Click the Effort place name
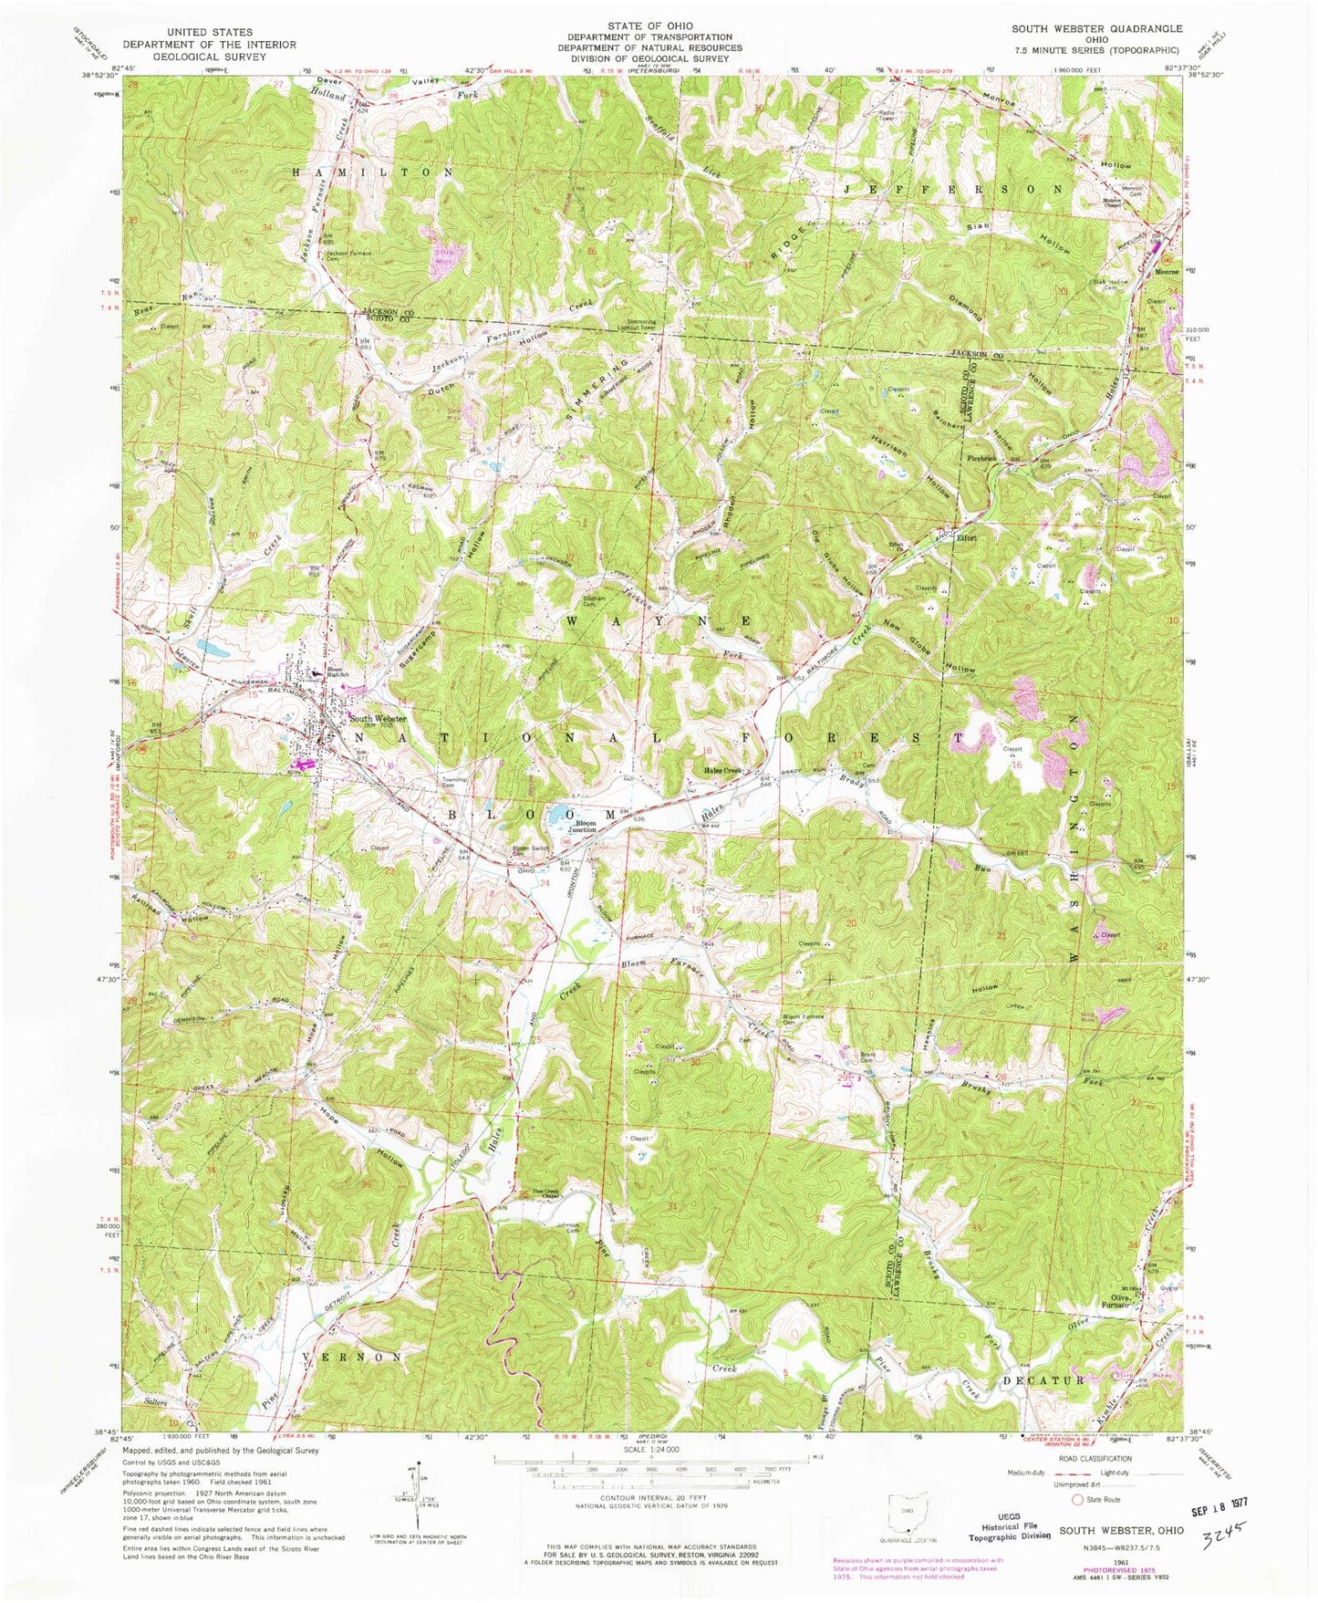[x=966, y=537]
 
